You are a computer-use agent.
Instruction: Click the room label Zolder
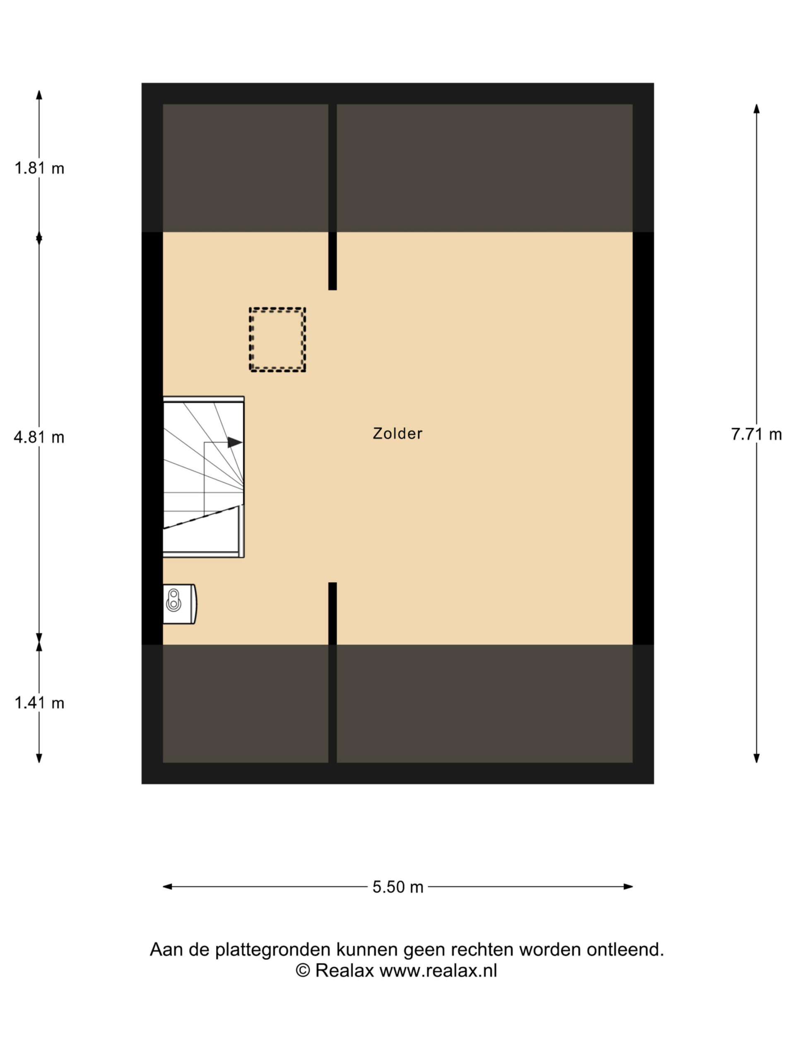[x=397, y=433]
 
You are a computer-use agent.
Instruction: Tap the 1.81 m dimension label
[x=39, y=168]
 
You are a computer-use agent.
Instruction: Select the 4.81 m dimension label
[x=39, y=437]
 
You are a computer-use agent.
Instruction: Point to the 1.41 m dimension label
[x=39, y=703]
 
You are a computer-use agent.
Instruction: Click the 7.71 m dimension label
[x=756, y=434]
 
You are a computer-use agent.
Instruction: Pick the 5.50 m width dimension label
[x=398, y=887]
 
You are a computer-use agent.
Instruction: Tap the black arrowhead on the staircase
[x=235, y=442]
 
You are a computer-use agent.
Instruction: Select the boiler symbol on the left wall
[x=180, y=604]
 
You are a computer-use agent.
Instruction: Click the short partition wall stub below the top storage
[x=332, y=261]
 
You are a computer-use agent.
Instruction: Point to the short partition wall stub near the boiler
[x=332, y=613]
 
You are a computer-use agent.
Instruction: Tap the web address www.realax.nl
[x=438, y=971]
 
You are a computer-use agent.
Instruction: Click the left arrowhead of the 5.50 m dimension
[x=167, y=887]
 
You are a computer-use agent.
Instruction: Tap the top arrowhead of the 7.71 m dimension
[x=756, y=109]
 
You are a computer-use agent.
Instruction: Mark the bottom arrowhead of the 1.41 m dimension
[x=39, y=758]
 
